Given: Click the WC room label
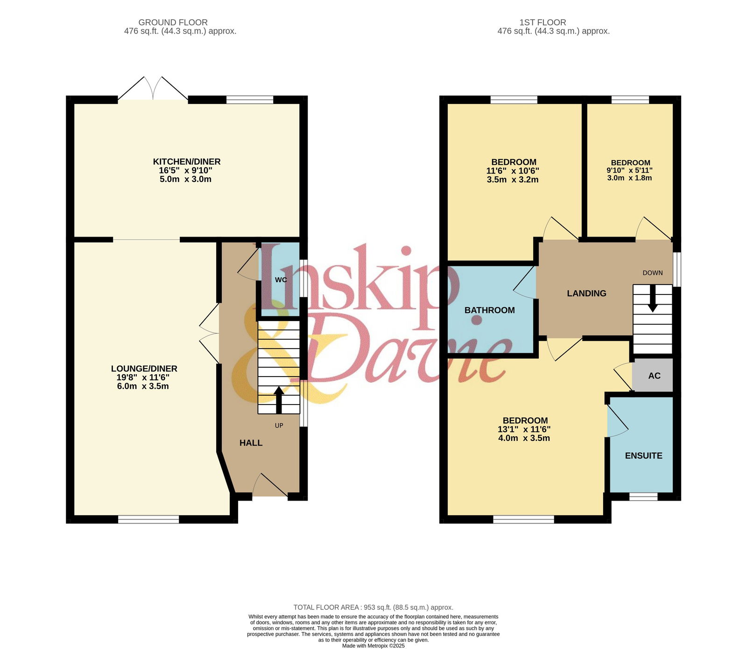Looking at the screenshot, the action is (x=281, y=280).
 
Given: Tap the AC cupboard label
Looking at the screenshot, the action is (x=655, y=376).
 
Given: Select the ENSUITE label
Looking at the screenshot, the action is (x=644, y=456).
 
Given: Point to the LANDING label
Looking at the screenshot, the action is (x=587, y=293).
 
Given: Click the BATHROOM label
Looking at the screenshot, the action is (x=490, y=310).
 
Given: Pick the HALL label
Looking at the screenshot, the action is (x=251, y=443).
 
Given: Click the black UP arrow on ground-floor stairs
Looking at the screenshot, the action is (x=279, y=400).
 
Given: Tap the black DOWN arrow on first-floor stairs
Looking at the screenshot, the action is (x=653, y=298).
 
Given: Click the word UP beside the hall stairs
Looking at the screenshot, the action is (x=279, y=426).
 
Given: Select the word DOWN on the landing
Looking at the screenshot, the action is (x=653, y=273).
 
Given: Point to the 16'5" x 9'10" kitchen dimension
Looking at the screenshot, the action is (x=186, y=171).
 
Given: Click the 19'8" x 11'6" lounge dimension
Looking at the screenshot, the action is (x=143, y=377).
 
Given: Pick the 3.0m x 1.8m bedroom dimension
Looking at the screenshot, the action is (x=629, y=178).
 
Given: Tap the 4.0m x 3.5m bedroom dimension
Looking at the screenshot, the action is (x=524, y=438).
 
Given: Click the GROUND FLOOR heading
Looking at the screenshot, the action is (x=173, y=22).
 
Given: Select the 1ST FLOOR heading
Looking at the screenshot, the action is (x=543, y=22).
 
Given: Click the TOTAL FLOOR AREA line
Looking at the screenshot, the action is (x=373, y=607).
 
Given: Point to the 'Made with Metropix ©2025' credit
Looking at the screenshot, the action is (x=373, y=646).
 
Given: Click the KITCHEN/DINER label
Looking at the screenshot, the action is (x=187, y=162).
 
